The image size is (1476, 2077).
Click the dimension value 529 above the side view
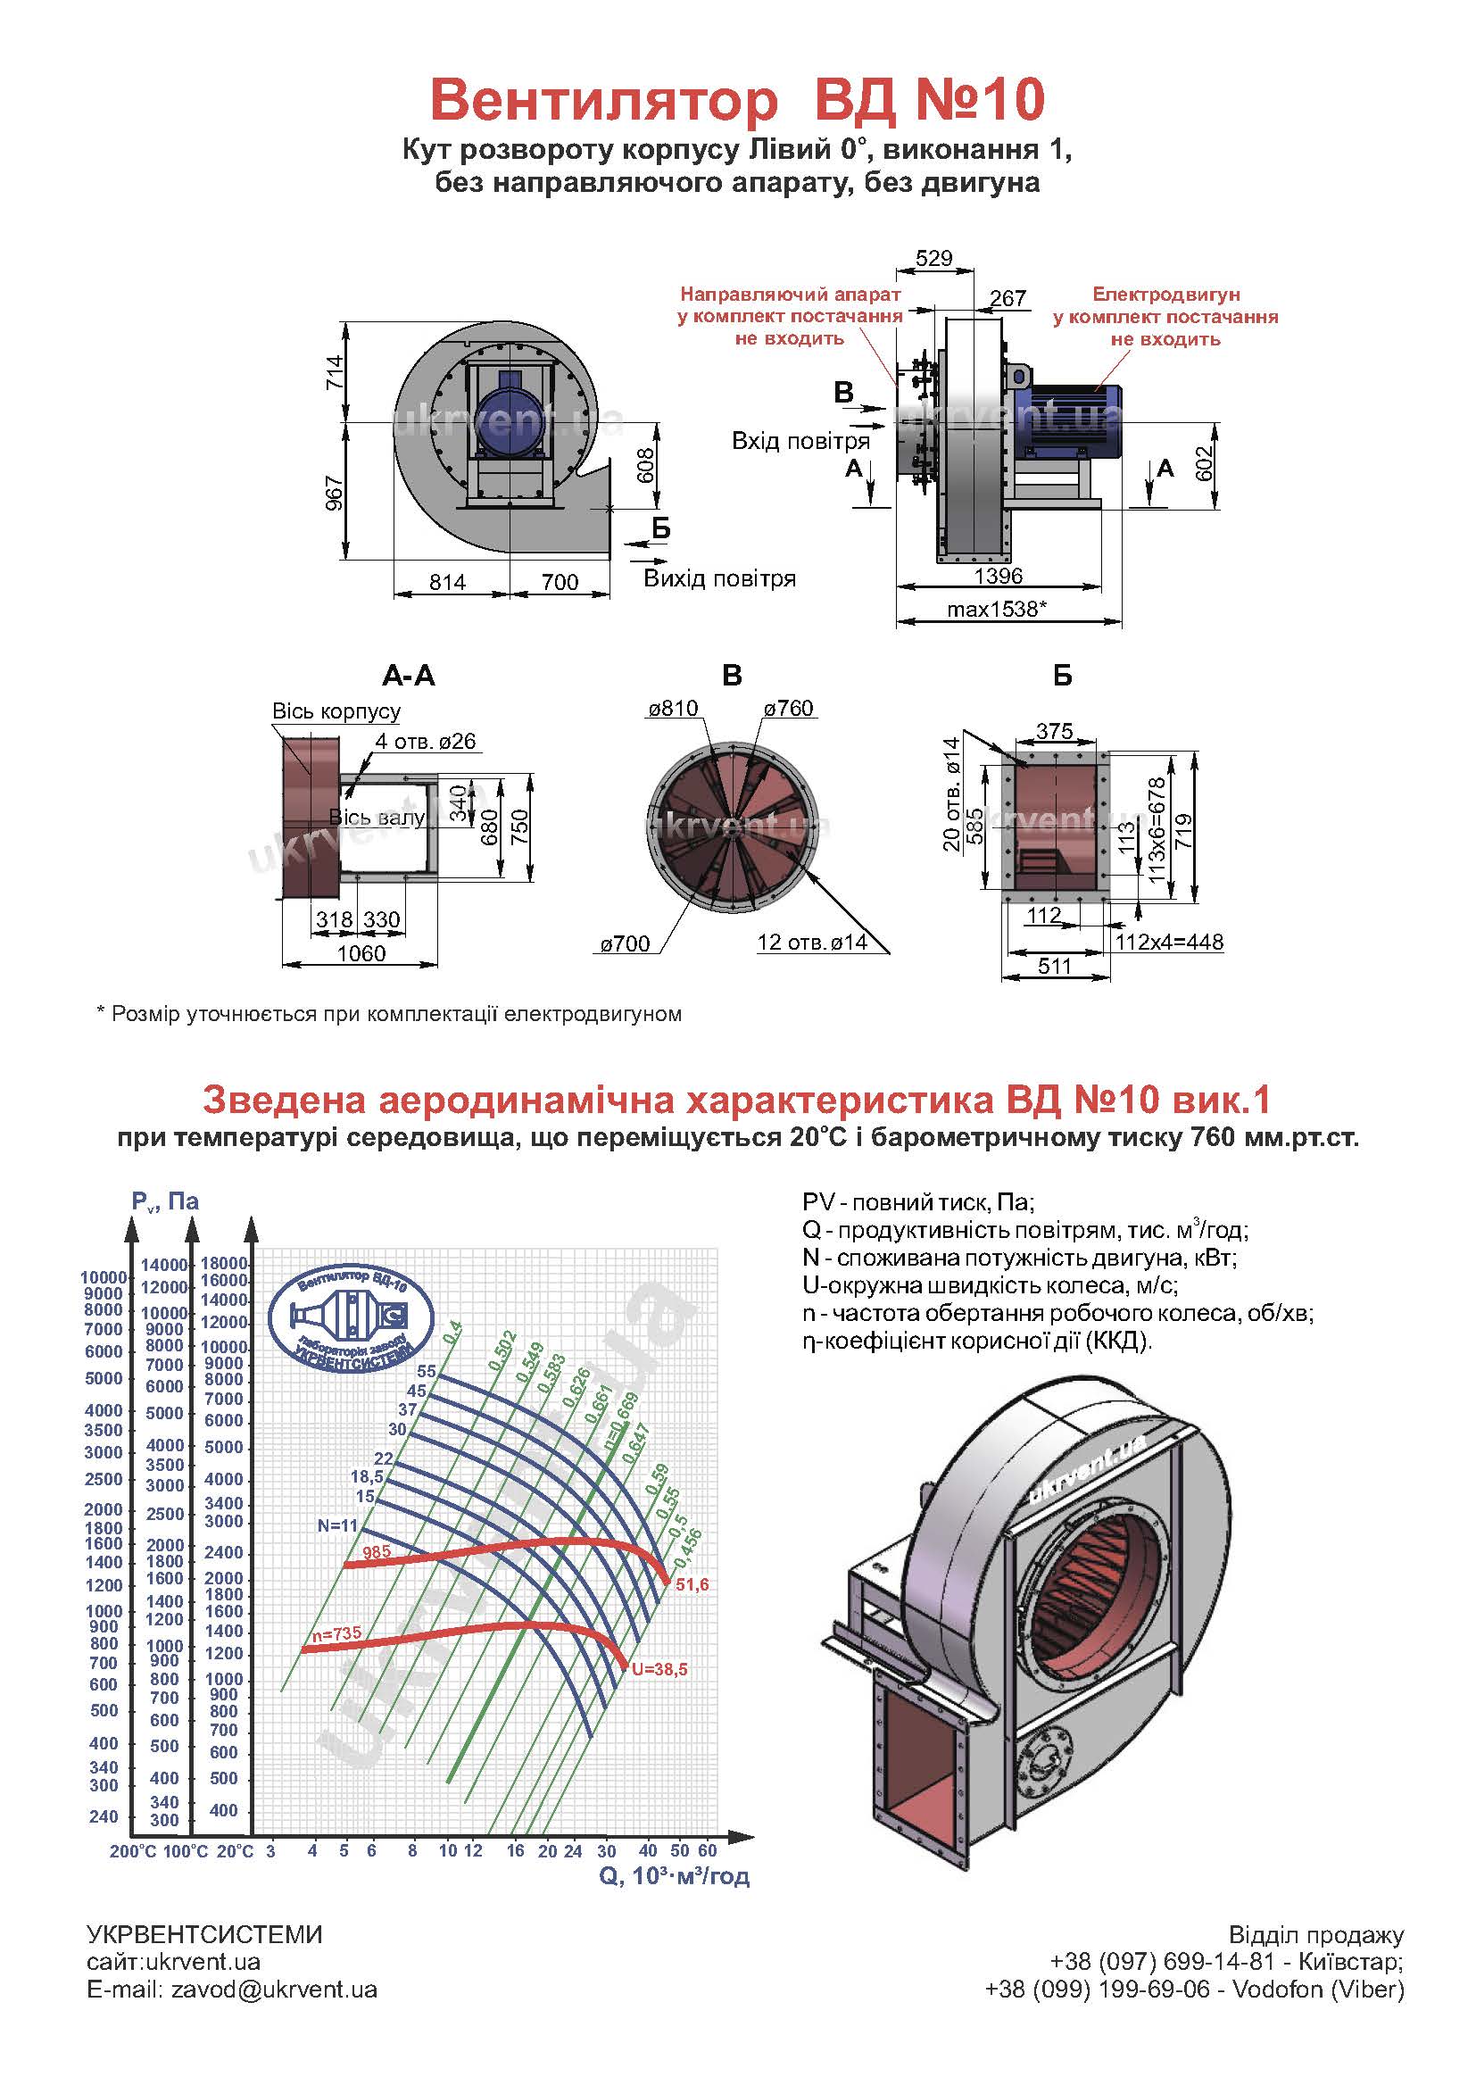[933, 259]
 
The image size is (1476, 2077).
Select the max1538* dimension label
[997, 609]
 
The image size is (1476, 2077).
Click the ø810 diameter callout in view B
[673, 708]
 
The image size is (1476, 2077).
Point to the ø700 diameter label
[626, 943]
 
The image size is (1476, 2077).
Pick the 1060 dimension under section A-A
[361, 953]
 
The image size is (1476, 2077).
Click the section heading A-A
[409, 676]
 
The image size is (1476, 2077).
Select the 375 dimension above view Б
[1054, 731]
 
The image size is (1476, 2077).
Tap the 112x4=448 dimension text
[1170, 942]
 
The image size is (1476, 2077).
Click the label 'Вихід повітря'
[719, 579]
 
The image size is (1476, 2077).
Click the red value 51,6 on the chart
[692, 1584]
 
